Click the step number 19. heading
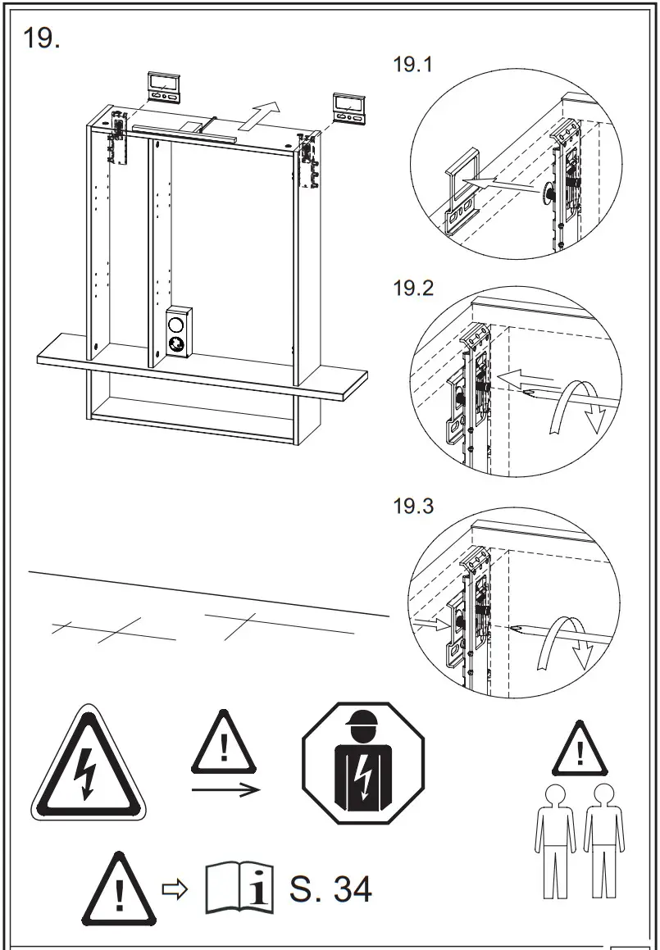pyautogui.click(x=42, y=38)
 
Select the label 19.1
pyautogui.click(x=413, y=66)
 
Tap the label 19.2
pyautogui.click(x=413, y=289)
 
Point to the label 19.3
pyautogui.click(x=413, y=506)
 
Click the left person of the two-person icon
pyautogui.click(x=555, y=840)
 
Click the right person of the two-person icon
pyautogui.click(x=603, y=840)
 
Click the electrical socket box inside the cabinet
pyautogui.click(x=178, y=332)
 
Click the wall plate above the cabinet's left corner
pyautogui.click(x=165, y=86)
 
